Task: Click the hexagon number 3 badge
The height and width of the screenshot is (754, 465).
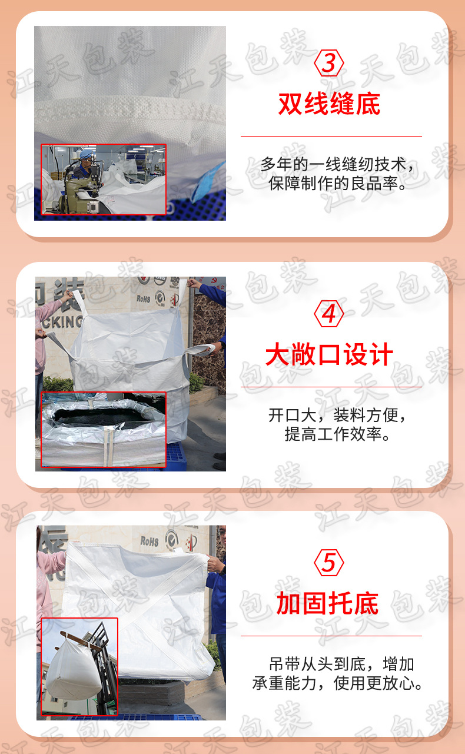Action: pyautogui.click(x=329, y=64)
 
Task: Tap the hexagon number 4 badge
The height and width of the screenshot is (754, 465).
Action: pyautogui.click(x=329, y=314)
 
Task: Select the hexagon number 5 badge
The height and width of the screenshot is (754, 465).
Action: pyautogui.click(x=329, y=563)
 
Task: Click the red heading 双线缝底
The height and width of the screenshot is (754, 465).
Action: pyautogui.click(x=329, y=104)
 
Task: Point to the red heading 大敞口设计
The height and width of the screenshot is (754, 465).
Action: pyautogui.click(x=329, y=356)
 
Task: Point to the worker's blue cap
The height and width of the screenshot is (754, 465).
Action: pyautogui.click(x=87, y=155)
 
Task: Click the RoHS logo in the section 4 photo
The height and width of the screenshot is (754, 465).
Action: pyautogui.click(x=144, y=298)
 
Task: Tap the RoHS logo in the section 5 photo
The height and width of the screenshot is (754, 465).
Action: pyautogui.click(x=150, y=540)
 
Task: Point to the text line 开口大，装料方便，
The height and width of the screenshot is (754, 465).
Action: pyautogui.click(x=337, y=416)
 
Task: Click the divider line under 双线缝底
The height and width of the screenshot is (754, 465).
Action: pyautogui.click(x=331, y=137)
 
